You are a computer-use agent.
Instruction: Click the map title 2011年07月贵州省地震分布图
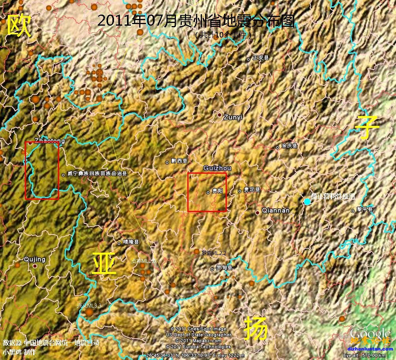tap(196, 21)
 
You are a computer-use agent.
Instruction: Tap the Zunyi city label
tap(233, 117)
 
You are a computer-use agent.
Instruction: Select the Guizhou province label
tap(217, 168)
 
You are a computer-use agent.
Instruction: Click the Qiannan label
tap(276, 211)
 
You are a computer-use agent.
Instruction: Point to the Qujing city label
tap(35, 259)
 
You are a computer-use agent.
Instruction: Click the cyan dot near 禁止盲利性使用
tap(307, 202)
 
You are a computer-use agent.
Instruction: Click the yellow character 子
tap(367, 127)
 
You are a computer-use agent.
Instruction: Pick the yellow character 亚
tap(104, 263)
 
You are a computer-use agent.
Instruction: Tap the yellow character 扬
tap(256, 328)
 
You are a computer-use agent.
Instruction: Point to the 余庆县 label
tap(290, 146)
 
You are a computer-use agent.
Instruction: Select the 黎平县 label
tap(364, 209)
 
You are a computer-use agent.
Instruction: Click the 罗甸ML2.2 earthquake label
tap(214, 253)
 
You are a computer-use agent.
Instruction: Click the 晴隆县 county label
tap(131, 242)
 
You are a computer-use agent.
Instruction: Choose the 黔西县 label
tap(179, 161)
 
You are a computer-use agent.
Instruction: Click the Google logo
tap(370, 334)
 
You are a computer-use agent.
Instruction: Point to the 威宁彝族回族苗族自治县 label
tap(97, 173)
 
